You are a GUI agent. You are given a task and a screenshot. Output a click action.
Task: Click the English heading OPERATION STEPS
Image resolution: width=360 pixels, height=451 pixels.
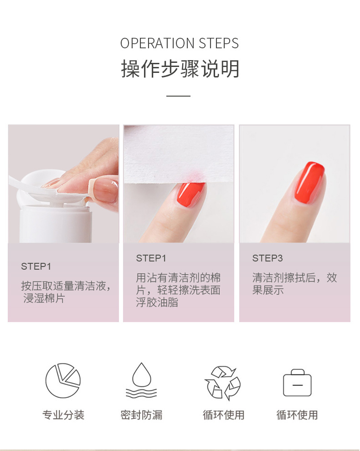[x=180, y=43]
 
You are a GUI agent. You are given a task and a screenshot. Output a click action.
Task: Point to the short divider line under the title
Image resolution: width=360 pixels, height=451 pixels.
[x=178, y=96]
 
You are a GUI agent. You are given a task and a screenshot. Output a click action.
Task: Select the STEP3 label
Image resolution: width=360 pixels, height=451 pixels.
[x=267, y=258]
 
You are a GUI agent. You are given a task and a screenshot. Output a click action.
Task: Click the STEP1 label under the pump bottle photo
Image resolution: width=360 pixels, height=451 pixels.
[x=36, y=266]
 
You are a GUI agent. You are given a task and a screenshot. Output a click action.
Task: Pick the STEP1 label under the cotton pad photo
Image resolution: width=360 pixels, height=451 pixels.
[x=151, y=258]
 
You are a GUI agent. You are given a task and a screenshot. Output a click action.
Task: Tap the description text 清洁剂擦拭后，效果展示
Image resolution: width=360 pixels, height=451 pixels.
[x=294, y=284]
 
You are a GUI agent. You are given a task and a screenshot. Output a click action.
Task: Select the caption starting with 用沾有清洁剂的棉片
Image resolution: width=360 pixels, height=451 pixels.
[x=178, y=290]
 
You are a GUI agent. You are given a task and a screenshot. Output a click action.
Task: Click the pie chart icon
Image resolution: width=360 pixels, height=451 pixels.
[x=63, y=381]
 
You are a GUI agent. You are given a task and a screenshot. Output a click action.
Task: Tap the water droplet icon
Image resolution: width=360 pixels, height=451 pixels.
[x=141, y=381]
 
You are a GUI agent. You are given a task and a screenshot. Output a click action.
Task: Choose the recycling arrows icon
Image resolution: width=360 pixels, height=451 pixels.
[x=223, y=383]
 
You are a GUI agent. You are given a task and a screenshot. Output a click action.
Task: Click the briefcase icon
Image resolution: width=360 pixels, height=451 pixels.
[x=297, y=383]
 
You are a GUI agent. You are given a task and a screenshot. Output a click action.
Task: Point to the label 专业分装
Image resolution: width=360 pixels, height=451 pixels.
[x=63, y=415]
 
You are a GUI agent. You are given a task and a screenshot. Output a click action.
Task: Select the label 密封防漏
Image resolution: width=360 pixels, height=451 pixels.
[x=141, y=415]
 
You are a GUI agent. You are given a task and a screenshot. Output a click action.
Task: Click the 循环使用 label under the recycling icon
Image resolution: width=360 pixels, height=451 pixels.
[x=223, y=415]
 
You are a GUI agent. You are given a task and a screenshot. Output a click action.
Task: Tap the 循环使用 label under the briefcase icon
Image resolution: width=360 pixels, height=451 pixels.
[x=297, y=415]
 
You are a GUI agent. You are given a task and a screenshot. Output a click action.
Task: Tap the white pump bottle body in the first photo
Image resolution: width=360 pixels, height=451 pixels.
[x=55, y=223]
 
